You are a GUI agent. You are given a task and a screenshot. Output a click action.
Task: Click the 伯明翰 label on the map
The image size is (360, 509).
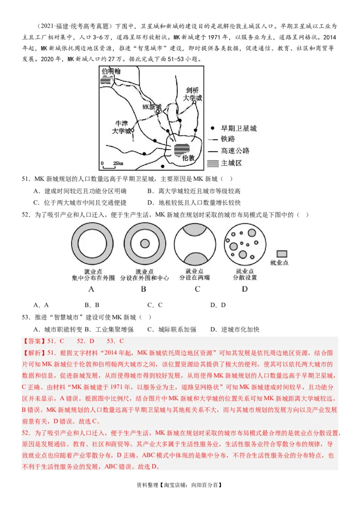pos(111,71)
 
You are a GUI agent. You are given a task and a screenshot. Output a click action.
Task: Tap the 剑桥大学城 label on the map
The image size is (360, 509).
pos(193,94)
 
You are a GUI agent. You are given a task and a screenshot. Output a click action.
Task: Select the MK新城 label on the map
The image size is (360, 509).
pos(151,107)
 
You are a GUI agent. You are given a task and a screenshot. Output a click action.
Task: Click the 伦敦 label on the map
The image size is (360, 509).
pos(188,158)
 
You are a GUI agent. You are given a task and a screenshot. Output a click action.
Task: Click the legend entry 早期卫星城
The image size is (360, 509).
pos(233,129)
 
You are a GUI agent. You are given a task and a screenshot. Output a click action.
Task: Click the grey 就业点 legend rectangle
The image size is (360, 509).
pos(282,254)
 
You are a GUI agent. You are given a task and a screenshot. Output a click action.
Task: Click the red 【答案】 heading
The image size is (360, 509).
pos(33,341)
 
